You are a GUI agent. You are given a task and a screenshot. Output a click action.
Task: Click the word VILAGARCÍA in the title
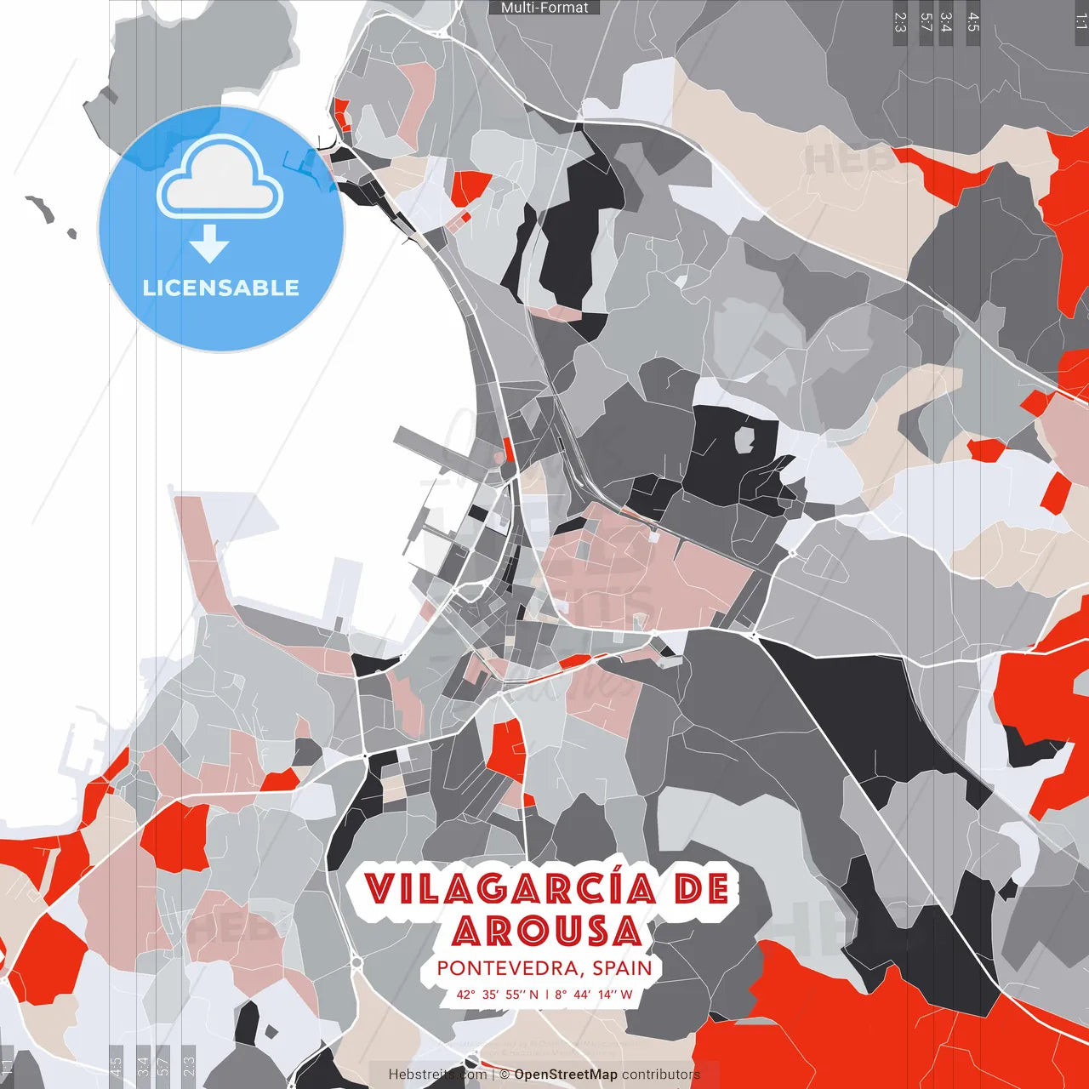point(510,889)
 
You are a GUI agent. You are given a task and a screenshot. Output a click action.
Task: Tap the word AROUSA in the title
point(546,932)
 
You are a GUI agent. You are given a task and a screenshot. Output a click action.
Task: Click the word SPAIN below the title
point(623,968)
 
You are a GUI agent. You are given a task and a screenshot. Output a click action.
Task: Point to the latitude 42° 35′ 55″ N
point(498,994)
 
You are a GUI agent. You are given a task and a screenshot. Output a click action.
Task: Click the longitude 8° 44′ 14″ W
point(594,994)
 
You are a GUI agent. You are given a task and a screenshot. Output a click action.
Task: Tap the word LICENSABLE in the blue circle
point(221,288)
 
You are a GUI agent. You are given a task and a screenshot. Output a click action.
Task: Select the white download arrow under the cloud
point(209,243)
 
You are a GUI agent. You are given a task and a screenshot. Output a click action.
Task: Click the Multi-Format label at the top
point(544,8)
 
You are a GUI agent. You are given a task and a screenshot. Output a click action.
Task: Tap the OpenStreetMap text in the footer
point(565,1075)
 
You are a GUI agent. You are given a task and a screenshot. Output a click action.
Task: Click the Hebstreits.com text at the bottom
point(437,1075)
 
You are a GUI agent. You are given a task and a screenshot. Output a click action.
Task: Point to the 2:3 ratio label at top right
point(900,22)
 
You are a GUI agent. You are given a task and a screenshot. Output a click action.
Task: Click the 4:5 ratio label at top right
point(973,22)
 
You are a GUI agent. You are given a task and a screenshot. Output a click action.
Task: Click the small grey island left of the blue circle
point(39,208)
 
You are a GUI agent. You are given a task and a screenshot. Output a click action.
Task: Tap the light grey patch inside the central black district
point(744,440)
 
